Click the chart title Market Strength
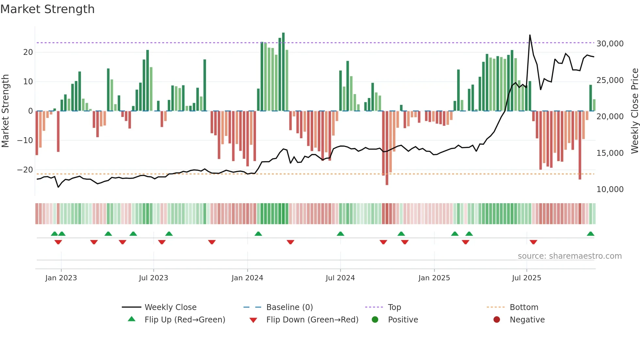[x=47, y=9]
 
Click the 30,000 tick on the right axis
[x=610, y=44]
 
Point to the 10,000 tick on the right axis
[x=610, y=189]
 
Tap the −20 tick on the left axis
[x=25, y=170]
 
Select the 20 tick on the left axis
[x=28, y=52]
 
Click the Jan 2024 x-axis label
[x=247, y=278]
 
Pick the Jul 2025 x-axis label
[x=526, y=278]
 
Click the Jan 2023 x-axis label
[x=61, y=278]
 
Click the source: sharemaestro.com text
[x=569, y=256]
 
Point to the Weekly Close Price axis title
[x=634, y=111]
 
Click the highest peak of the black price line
[x=530, y=35]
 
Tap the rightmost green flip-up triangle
[x=590, y=234]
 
